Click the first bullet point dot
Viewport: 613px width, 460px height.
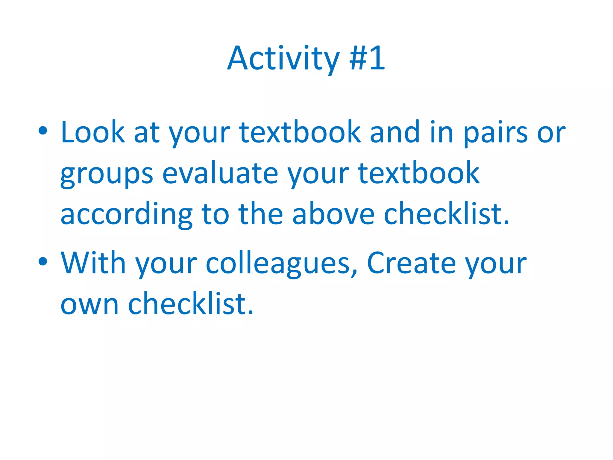coord(43,131)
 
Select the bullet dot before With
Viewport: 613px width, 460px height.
coord(43,261)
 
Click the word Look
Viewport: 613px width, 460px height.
coord(92,132)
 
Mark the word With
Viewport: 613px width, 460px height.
coord(93,263)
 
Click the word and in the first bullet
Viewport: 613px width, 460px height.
coord(395,132)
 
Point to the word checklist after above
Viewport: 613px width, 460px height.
coord(446,214)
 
